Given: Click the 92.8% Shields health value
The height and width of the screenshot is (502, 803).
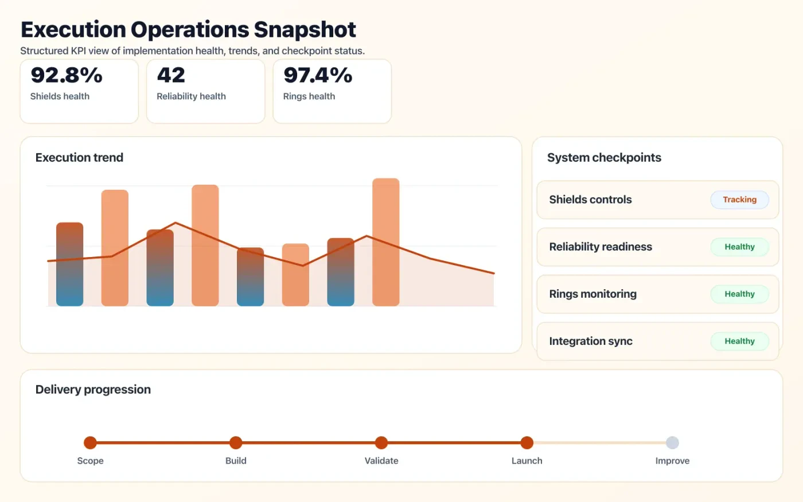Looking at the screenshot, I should pyautogui.click(x=67, y=75).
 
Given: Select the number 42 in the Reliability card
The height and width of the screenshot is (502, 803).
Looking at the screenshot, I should pyautogui.click(x=171, y=75).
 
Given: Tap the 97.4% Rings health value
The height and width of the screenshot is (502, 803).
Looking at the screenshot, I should pyautogui.click(x=318, y=75).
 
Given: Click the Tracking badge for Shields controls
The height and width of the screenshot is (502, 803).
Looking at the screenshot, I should pyautogui.click(x=739, y=200).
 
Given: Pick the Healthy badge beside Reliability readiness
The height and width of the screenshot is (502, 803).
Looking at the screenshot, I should pyautogui.click(x=739, y=247).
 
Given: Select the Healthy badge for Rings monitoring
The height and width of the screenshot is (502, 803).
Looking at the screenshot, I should pyautogui.click(x=739, y=294).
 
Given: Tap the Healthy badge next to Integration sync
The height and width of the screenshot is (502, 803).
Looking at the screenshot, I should pyautogui.click(x=739, y=341).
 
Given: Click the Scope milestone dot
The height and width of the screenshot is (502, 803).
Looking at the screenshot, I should pyautogui.click(x=90, y=442).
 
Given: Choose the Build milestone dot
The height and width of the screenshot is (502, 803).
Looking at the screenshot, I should pyautogui.click(x=236, y=442).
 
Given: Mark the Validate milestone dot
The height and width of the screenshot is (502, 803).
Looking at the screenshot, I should pyautogui.click(x=381, y=442).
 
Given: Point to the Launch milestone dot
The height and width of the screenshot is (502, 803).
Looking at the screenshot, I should pyautogui.click(x=527, y=442).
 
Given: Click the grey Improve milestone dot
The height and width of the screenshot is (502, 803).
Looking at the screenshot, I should pyautogui.click(x=672, y=442).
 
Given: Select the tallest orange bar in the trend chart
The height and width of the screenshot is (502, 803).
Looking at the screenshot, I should pyautogui.click(x=385, y=242).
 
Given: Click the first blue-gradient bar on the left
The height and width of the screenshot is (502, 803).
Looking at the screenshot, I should pyautogui.click(x=69, y=264).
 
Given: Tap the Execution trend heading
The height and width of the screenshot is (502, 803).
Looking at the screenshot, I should pyautogui.click(x=79, y=158).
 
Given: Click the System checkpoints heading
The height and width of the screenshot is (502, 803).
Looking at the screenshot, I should pyautogui.click(x=604, y=158).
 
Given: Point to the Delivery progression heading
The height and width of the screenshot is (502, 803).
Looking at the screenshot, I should pyautogui.click(x=93, y=390).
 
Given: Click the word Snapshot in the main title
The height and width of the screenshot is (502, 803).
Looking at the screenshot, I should pyautogui.click(x=305, y=30).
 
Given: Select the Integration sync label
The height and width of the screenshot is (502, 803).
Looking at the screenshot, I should pyautogui.click(x=591, y=341).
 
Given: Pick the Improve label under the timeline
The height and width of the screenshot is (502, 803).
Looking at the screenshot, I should pyautogui.click(x=672, y=461).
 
